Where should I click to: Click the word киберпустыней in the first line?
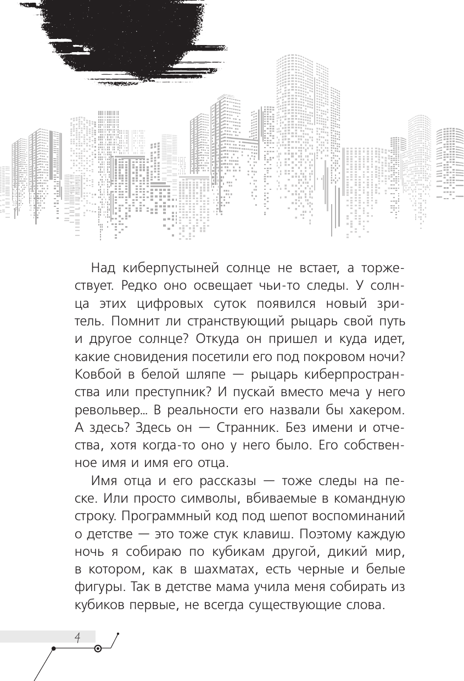coord(167,268)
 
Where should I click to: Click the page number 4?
coord(78,637)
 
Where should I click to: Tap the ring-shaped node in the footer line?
coord(98,649)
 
